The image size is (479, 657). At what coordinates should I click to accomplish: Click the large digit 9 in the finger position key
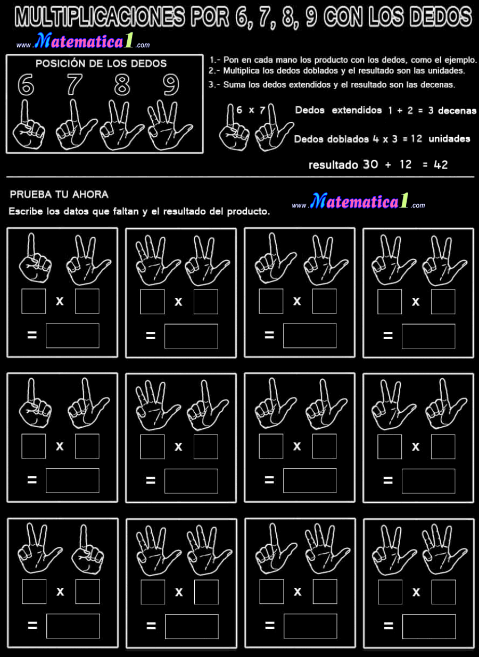(x=171, y=85)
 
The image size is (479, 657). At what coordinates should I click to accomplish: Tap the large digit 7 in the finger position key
(x=75, y=85)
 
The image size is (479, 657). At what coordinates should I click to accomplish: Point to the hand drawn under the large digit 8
(x=121, y=125)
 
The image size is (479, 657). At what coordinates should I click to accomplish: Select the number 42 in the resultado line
(x=441, y=165)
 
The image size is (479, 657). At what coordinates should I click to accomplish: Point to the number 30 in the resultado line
(x=370, y=165)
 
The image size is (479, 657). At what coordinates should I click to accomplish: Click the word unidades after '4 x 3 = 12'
(x=449, y=139)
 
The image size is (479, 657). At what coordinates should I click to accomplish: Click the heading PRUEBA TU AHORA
(x=59, y=195)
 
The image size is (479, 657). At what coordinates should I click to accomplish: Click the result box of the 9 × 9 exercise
(x=192, y=626)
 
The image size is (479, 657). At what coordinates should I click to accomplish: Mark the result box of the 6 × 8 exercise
(x=72, y=336)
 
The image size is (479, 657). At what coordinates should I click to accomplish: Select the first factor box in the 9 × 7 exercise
(x=152, y=446)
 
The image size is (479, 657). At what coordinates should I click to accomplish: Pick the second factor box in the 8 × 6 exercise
(x=87, y=592)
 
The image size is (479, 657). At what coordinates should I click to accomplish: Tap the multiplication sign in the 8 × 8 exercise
(x=416, y=302)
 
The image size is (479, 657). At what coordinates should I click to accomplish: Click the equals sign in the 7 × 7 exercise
(x=269, y=480)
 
